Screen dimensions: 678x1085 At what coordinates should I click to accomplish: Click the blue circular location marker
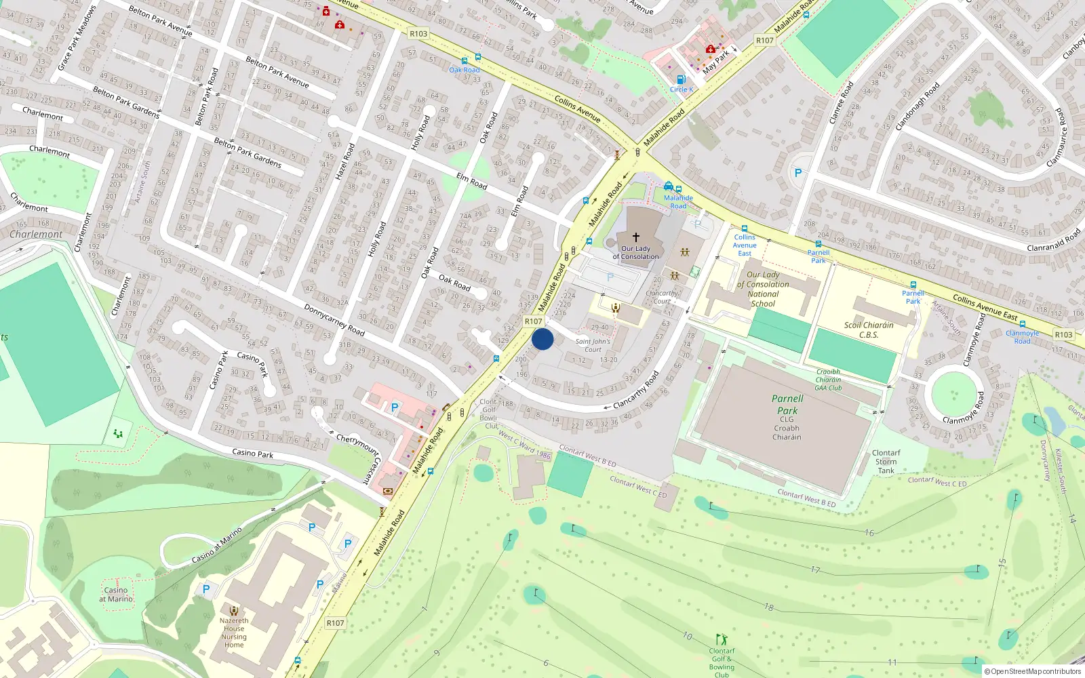pyautogui.click(x=542, y=339)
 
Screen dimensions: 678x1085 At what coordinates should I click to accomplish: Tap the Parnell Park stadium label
pyautogui.click(x=787, y=405)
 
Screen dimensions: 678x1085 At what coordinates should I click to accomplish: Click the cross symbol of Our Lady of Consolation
pyautogui.click(x=635, y=237)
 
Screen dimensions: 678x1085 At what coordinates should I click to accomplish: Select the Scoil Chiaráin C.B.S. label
pyautogui.click(x=869, y=330)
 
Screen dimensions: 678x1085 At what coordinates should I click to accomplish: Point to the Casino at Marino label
pyautogui.click(x=116, y=595)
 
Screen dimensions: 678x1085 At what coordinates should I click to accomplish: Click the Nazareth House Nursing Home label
pyautogui.click(x=234, y=633)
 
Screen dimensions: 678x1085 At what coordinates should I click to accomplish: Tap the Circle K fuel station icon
pyautogui.click(x=681, y=80)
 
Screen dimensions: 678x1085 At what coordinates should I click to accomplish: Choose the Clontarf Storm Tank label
pyautogui.click(x=886, y=462)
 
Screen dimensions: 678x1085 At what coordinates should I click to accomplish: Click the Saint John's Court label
pyautogui.click(x=593, y=346)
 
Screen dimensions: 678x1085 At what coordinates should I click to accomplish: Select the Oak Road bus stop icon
pyautogui.click(x=464, y=61)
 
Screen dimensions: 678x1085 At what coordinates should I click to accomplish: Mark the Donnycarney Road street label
pyautogui.click(x=334, y=320)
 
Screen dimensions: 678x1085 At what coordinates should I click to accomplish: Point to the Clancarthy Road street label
pyautogui.click(x=635, y=390)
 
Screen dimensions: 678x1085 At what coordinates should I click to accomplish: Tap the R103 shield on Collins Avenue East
pyautogui.click(x=1063, y=334)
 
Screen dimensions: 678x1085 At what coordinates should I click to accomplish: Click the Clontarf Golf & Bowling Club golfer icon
pyautogui.click(x=722, y=639)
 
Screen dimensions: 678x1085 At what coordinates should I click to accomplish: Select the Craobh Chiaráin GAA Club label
pyautogui.click(x=828, y=380)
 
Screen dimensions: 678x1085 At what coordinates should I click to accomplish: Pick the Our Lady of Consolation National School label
pyautogui.click(x=763, y=290)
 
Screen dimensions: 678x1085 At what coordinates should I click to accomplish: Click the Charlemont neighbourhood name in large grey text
pyautogui.click(x=36, y=235)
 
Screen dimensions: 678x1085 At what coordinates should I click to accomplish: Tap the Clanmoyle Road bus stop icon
pyautogui.click(x=1022, y=324)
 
